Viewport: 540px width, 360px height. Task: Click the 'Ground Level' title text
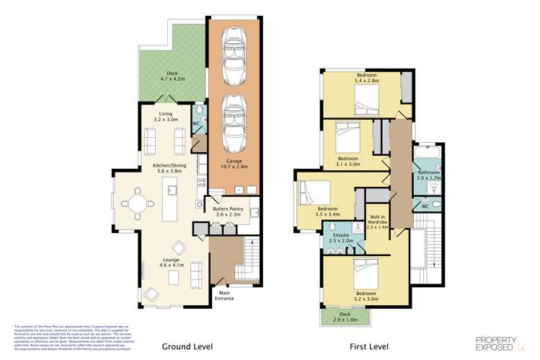(x=186, y=346)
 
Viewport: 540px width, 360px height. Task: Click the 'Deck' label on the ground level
(x=172, y=73)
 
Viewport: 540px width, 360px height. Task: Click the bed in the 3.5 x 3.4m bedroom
(x=314, y=193)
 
